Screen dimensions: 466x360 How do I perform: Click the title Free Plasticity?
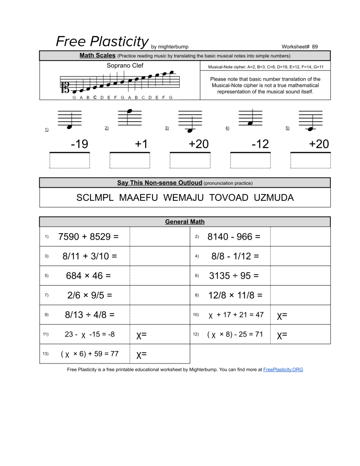click(102, 41)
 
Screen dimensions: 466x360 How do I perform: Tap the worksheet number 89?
click(315, 46)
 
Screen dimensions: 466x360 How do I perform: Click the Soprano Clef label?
click(125, 66)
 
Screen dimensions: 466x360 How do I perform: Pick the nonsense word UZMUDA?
click(274, 198)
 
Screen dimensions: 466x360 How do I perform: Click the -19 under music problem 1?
click(79, 144)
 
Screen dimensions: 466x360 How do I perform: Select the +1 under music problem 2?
click(141, 144)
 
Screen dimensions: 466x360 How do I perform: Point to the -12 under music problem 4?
click(260, 144)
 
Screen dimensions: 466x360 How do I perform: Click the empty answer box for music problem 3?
click(190, 161)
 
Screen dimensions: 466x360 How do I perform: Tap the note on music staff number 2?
click(130, 111)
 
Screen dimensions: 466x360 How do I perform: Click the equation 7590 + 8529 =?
click(88, 237)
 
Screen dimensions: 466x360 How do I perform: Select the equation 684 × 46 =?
click(88, 276)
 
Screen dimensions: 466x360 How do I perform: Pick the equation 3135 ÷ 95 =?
click(233, 276)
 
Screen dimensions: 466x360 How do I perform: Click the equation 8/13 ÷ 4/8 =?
click(90, 315)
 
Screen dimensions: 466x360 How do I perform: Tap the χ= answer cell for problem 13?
click(142, 354)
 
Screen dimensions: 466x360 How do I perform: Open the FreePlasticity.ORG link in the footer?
click(283, 369)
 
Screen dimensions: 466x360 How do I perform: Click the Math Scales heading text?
click(97, 56)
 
